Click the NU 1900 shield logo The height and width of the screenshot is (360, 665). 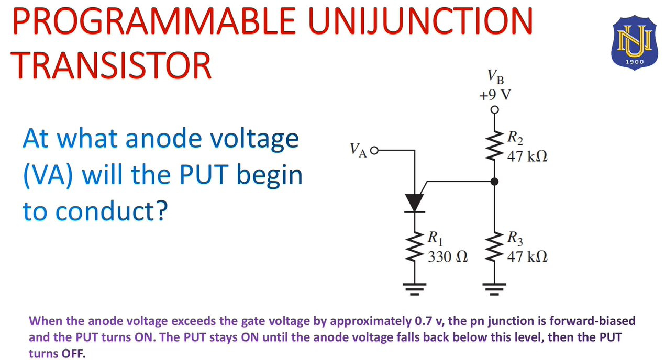point(634,43)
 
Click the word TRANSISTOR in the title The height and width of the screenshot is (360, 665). point(110,65)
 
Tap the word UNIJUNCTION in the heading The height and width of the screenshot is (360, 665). point(420,21)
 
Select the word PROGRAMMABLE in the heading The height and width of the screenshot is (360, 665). point(153,21)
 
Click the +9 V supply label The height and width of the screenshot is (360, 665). point(495,95)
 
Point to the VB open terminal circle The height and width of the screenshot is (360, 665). point(495,110)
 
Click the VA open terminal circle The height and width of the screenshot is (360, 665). point(374,151)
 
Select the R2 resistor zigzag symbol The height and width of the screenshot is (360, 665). point(495,146)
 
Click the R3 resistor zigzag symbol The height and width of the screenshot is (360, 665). point(495,246)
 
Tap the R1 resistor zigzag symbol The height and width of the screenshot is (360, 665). point(415,246)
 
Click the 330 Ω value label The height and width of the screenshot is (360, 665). point(448,256)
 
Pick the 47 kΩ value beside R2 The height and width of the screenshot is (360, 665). point(527,156)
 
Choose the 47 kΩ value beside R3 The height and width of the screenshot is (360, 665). point(527,256)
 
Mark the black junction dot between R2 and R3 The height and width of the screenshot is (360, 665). point(495,182)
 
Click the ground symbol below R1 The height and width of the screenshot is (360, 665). point(415,289)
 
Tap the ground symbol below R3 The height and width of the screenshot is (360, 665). point(495,289)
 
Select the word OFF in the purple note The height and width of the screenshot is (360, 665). point(73,354)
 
